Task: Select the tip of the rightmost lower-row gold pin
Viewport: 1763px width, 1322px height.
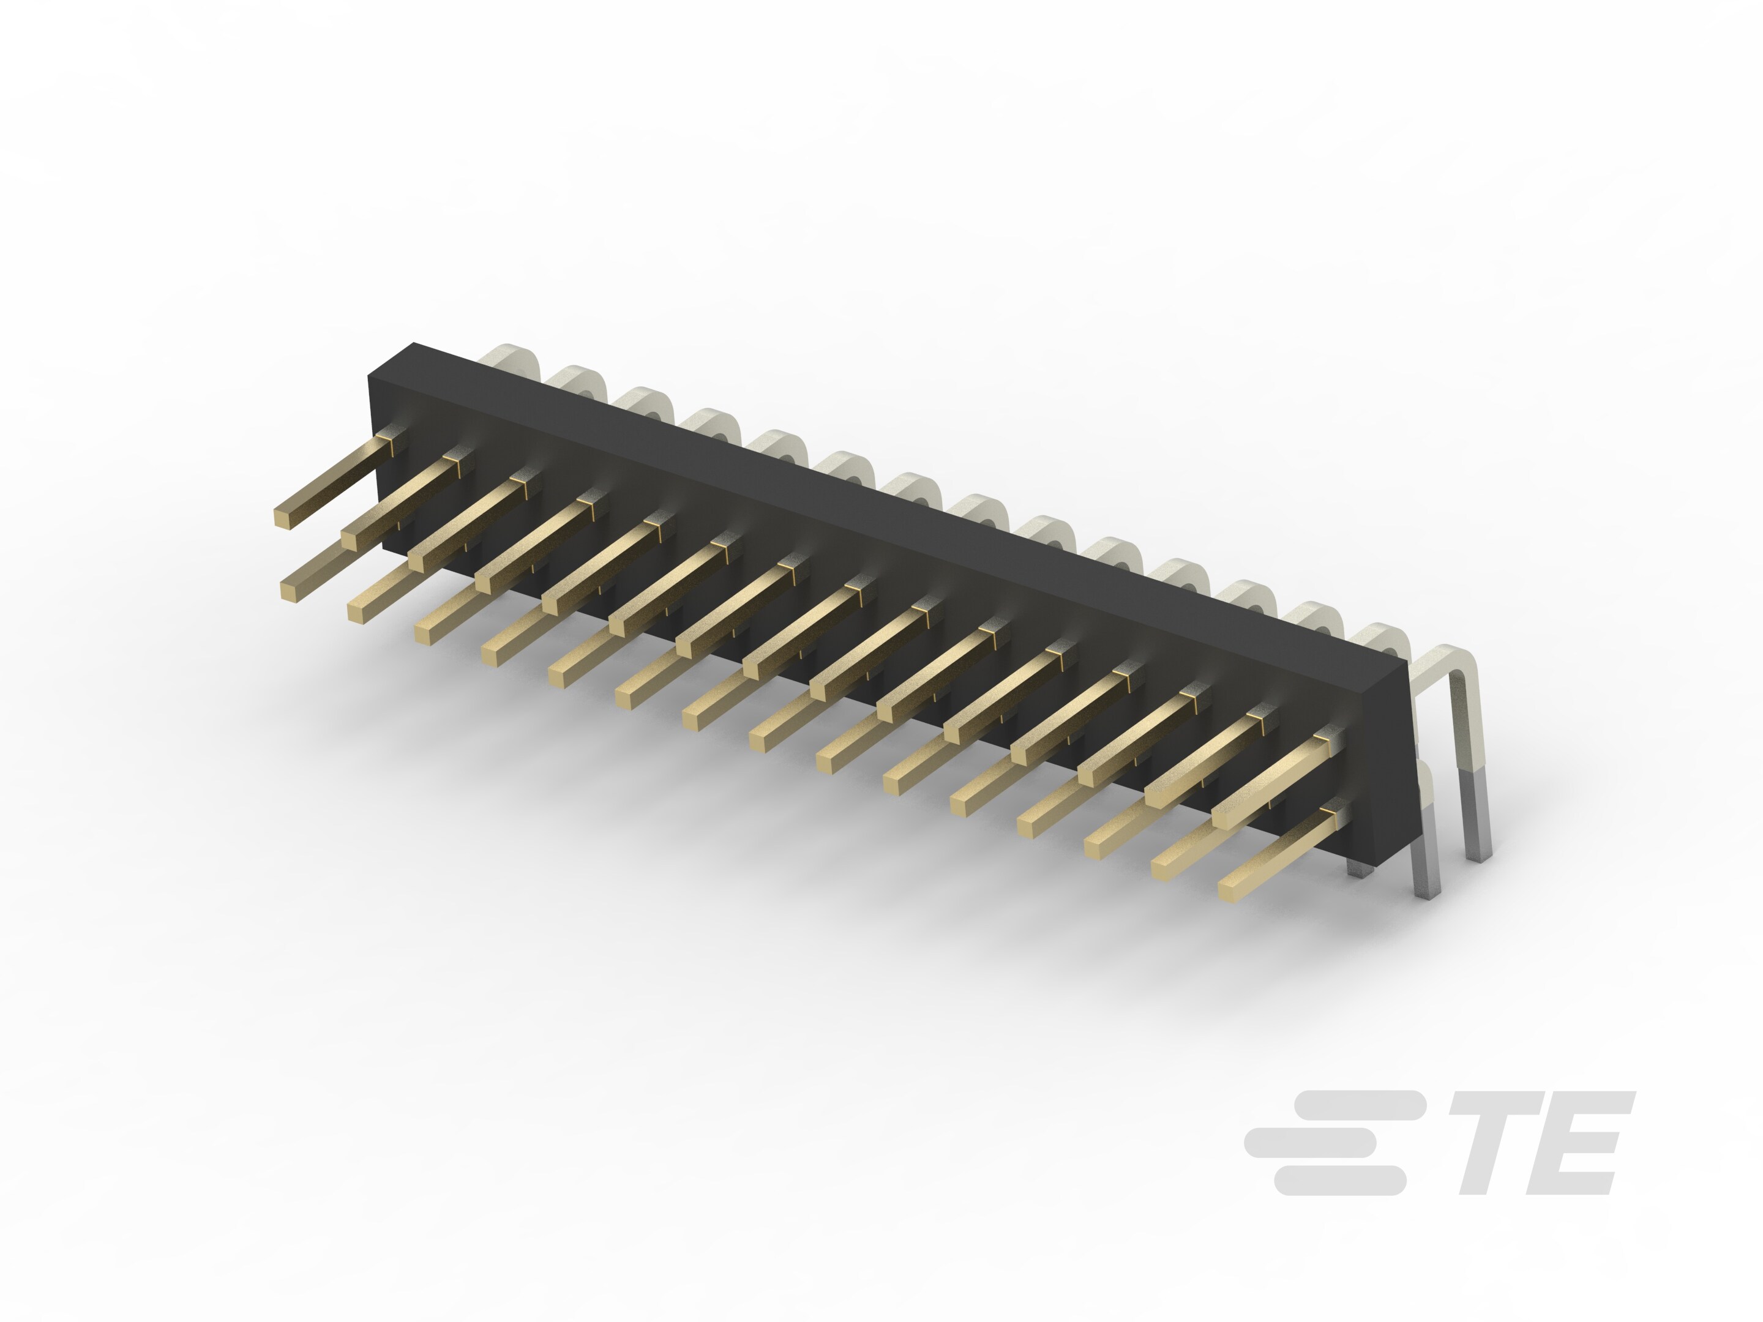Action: pyautogui.click(x=1230, y=890)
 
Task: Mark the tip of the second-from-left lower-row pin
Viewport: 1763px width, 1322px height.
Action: pyautogui.click(x=359, y=611)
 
